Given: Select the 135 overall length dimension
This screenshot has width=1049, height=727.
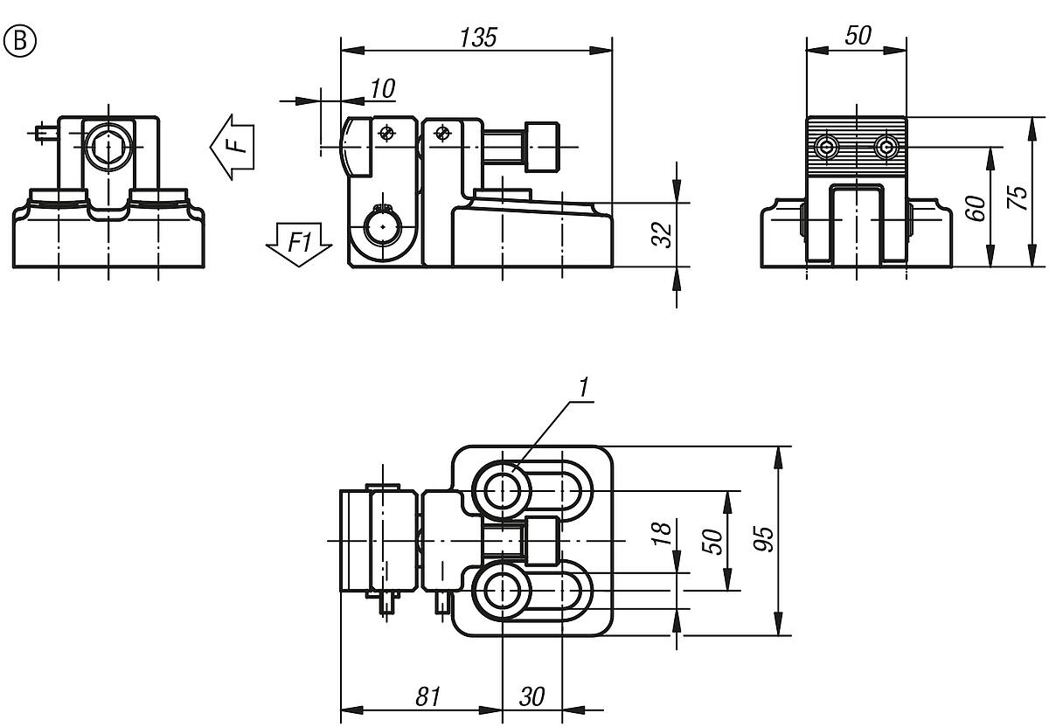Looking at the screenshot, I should (x=477, y=37).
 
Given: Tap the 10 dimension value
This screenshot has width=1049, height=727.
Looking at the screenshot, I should (x=382, y=88).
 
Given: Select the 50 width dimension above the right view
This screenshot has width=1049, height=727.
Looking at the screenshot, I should (x=858, y=36).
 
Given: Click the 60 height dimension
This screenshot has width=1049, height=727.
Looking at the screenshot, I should (x=977, y=207).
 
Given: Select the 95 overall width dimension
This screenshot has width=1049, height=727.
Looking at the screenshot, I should (x=764, y=540).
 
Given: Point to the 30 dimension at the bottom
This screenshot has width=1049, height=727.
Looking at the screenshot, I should (x=531, y=696).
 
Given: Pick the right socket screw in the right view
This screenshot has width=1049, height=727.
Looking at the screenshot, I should (x=887, y=146).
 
